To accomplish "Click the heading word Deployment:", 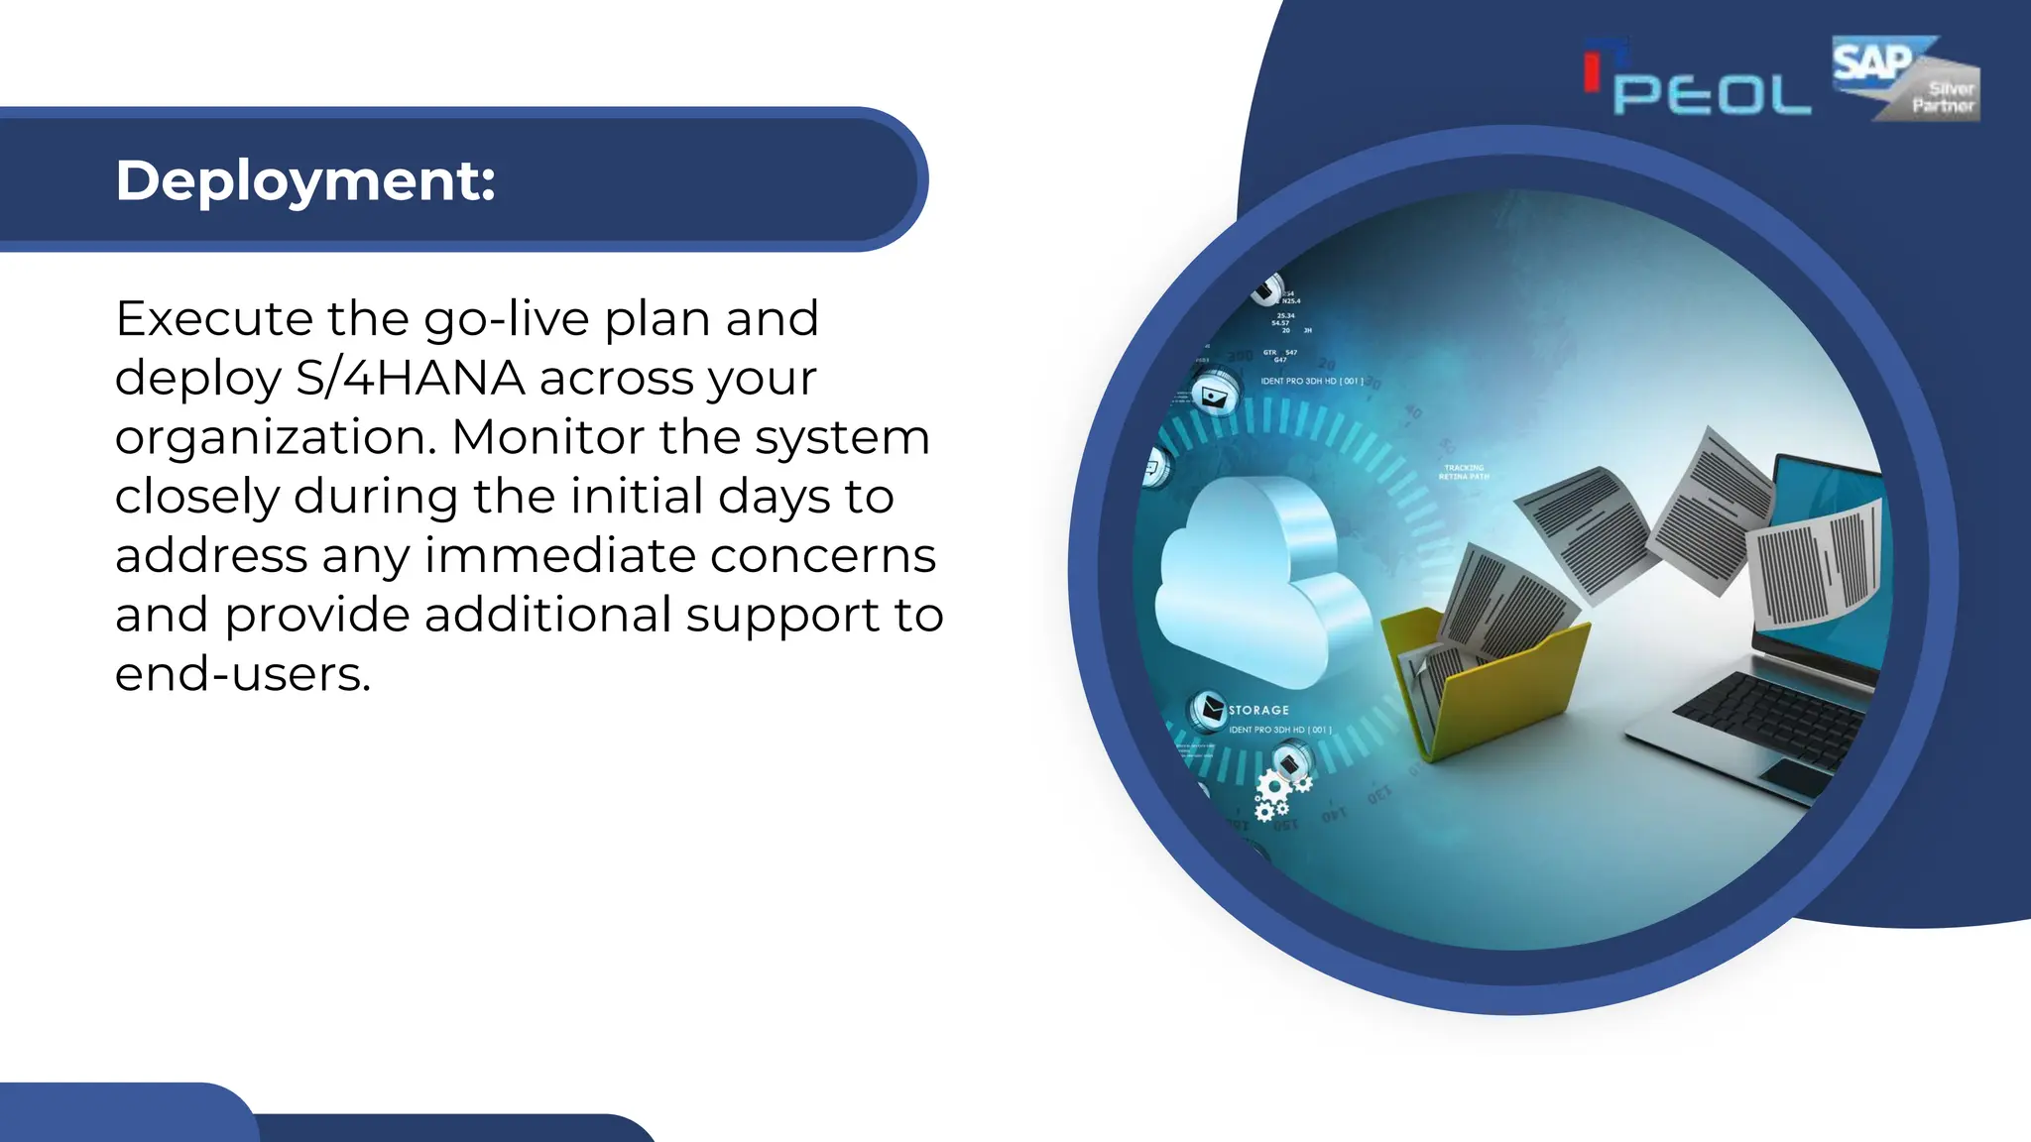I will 305,180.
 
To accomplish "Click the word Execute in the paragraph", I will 214,319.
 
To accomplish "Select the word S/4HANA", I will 410,379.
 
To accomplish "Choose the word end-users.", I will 242,675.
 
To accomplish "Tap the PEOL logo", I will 1698,84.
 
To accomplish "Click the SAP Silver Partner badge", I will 1904,79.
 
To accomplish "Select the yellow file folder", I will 1488,684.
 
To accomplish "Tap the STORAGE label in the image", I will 1258,710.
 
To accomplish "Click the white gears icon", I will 1279,793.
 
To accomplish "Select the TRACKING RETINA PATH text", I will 1464,472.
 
